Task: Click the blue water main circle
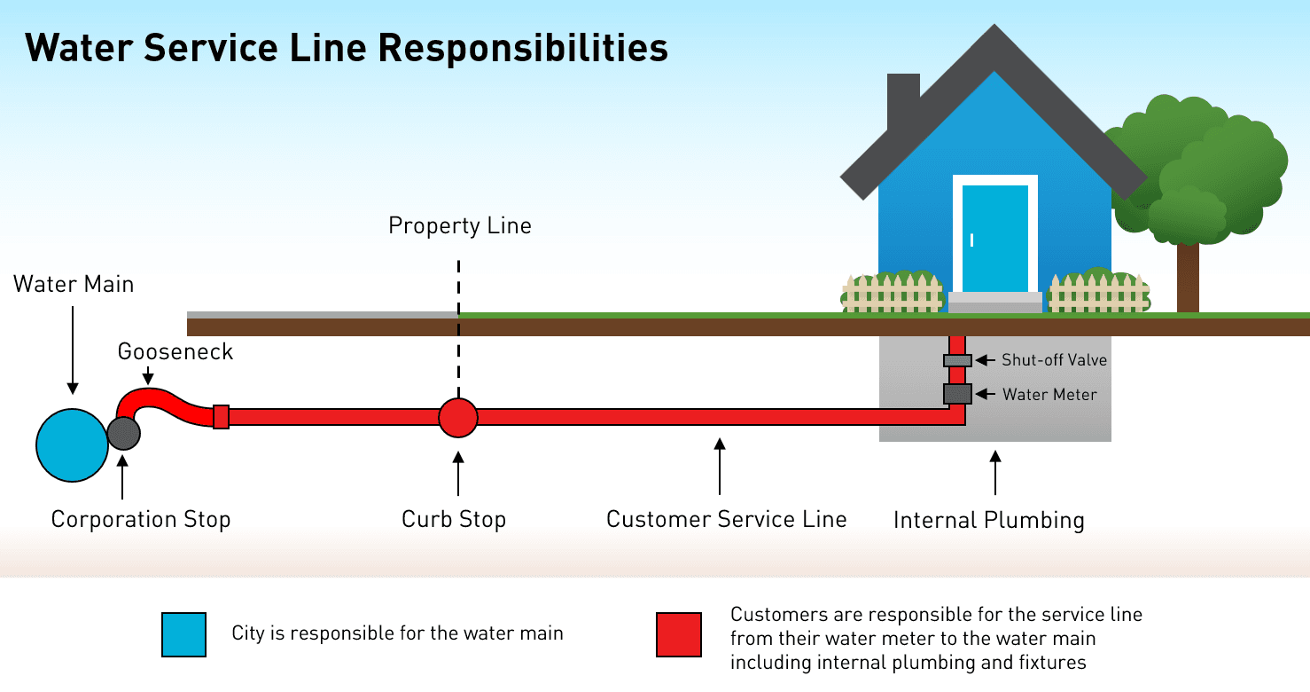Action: (73, 444)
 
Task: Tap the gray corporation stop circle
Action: (123, 432)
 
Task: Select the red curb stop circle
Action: (458, 417)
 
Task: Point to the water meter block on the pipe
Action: (957, 394)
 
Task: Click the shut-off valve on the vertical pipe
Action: (957, 360)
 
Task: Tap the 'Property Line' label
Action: (460, 226)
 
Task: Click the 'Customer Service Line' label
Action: (726, 519)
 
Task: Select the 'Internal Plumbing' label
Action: (988, 520)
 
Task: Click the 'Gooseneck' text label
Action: (175, 352)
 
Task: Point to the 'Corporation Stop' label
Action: (141, 519)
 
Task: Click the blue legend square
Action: (183, 634)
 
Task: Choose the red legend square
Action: (679, 634)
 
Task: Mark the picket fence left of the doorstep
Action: (892, 294)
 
